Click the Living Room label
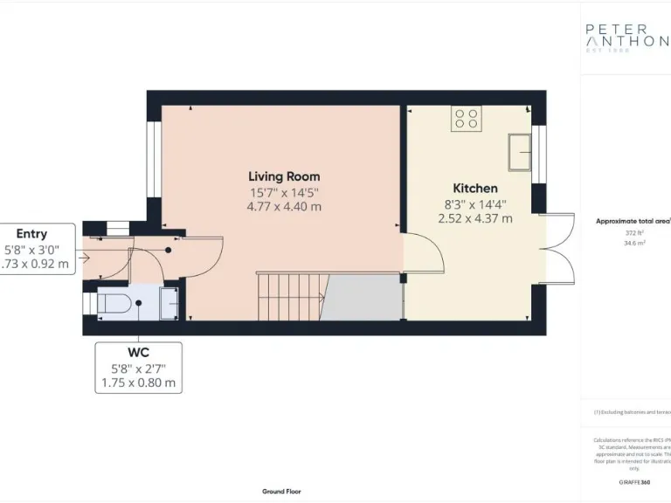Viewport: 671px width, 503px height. click(284, 176)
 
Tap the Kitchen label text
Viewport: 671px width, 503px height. click(474, 188)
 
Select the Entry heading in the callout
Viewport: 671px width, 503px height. click(31, 233)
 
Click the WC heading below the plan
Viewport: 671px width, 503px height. click(139, 353)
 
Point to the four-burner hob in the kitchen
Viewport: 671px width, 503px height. click(467, 118)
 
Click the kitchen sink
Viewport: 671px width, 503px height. click(522, 152)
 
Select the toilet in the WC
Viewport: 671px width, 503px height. click(115, 304)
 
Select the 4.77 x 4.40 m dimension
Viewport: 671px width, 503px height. click(284, 207)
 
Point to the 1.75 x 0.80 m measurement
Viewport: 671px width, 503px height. click(139, 382)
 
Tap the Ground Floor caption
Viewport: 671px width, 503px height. click(281, 492)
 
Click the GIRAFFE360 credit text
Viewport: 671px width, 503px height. click(633, 482)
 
